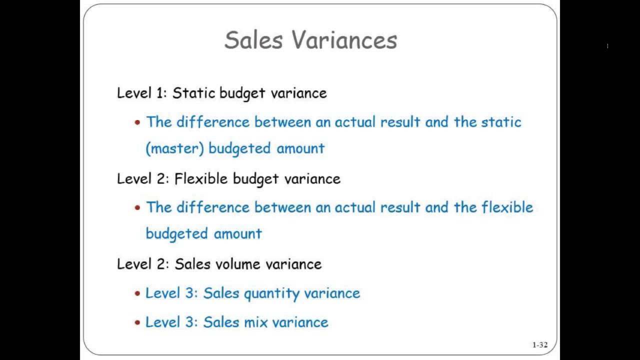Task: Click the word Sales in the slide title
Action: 253,40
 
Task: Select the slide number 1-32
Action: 539,344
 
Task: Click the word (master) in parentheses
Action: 174,148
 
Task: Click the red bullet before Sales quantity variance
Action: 137,293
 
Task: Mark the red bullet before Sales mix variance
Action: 137,322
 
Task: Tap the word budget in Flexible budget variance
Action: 256,179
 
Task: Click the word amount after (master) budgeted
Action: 300,148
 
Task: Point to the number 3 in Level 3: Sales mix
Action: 192,322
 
